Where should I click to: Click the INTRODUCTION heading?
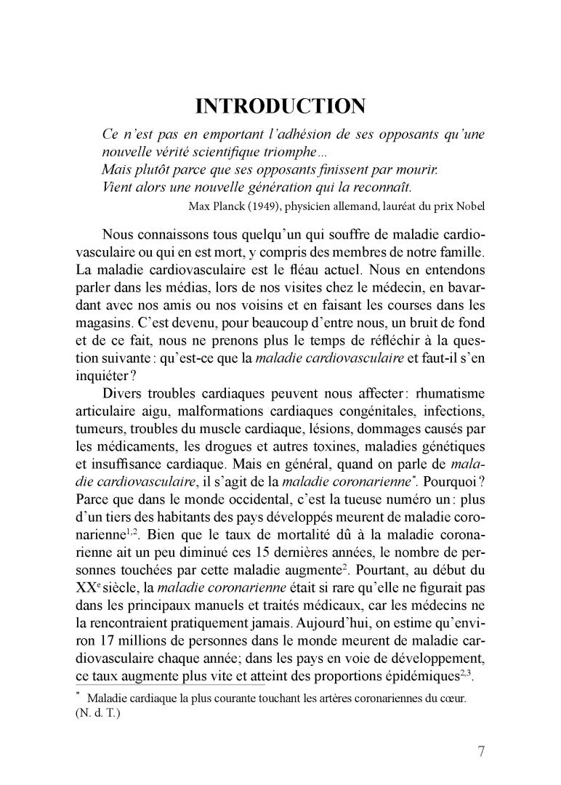(x=280, y=107)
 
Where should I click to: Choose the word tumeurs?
(x=98, y=408)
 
